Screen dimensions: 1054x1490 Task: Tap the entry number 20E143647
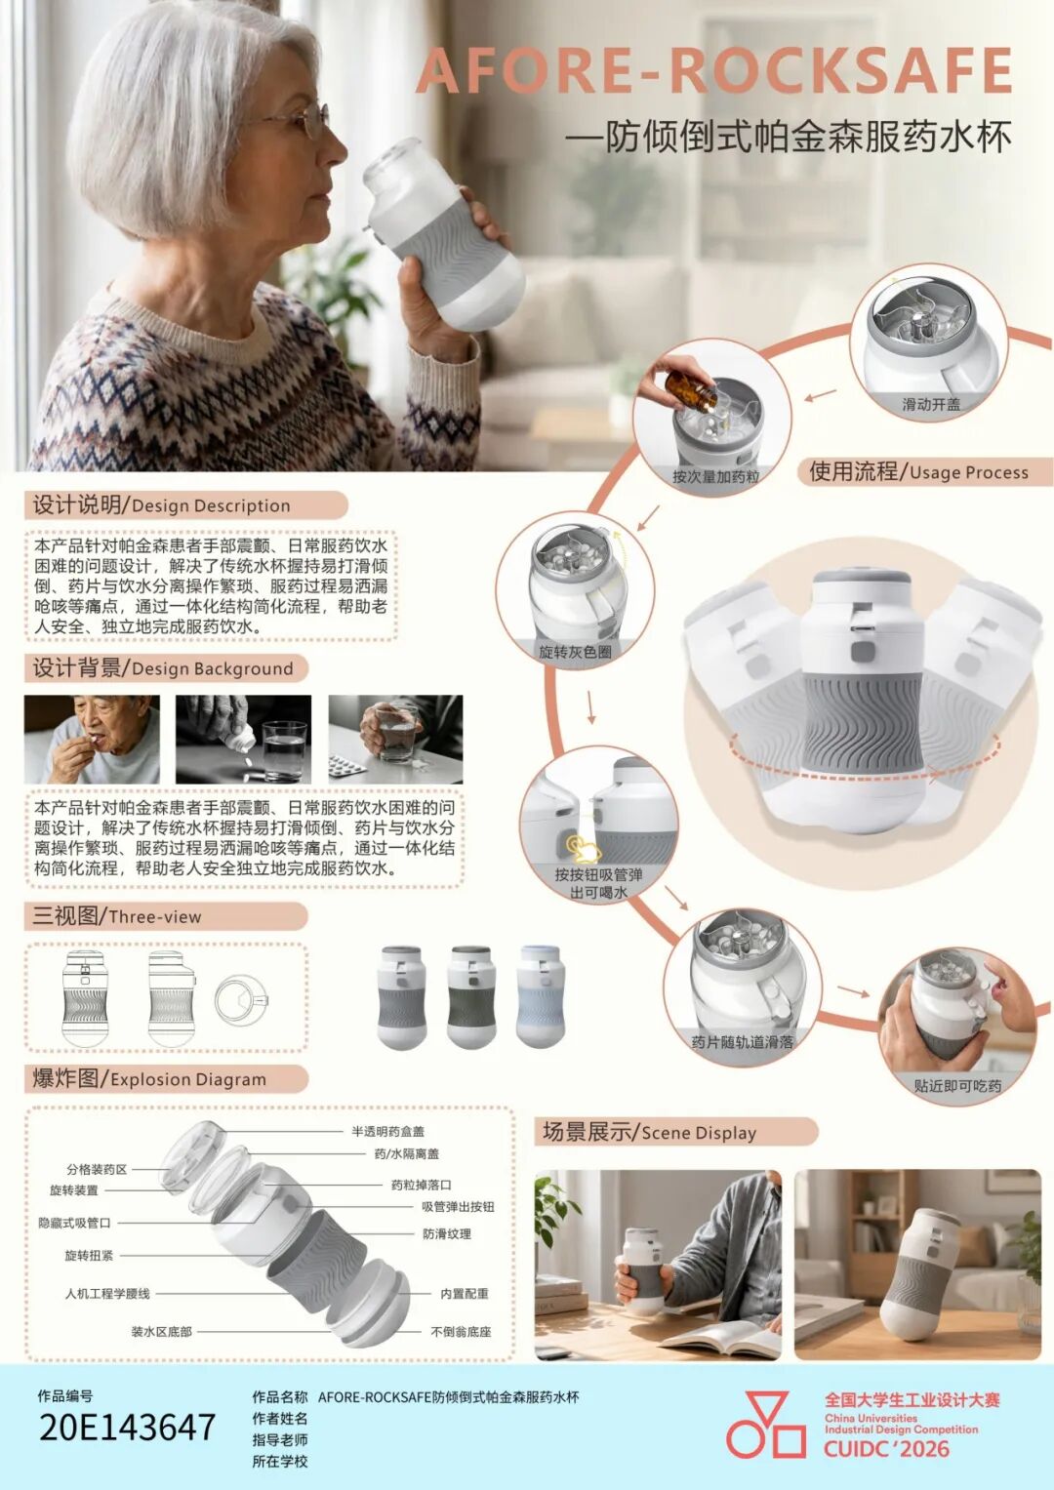(x=127, y=1427)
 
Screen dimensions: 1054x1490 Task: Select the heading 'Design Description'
(x=211, y=505)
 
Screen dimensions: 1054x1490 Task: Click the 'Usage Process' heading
(x=968, y=472)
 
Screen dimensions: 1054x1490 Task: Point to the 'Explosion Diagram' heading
(x=187, y=1079)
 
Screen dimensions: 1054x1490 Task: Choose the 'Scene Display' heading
(x=699, y=1133)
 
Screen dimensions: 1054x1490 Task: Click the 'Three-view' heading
(x=154, y=916)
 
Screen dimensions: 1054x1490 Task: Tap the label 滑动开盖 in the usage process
(x=930, y=404)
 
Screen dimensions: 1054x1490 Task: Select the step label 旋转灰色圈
(x=575, y=652)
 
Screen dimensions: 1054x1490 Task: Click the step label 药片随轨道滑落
(x=742, y=1042)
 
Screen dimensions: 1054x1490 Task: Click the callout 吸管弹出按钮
(x=458, y=1207)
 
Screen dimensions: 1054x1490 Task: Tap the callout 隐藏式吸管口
(x=74, y=1223)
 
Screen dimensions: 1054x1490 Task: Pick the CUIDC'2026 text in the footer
(x=887, y=1449)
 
